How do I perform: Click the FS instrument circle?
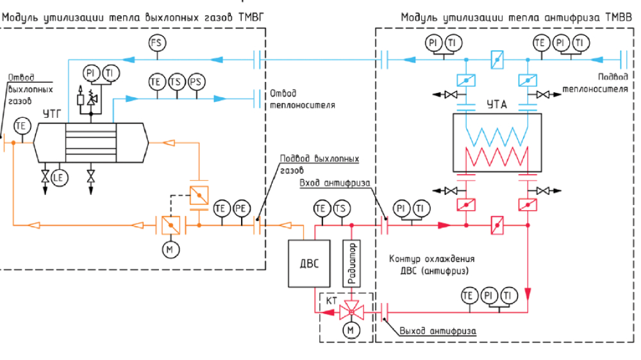point(156,44)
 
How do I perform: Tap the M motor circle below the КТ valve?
point(351,330)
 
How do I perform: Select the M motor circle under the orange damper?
point(170,249)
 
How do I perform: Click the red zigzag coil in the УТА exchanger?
point(497,156)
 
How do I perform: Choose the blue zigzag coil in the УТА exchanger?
point(497,135)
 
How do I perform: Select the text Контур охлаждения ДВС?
point(431,265)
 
